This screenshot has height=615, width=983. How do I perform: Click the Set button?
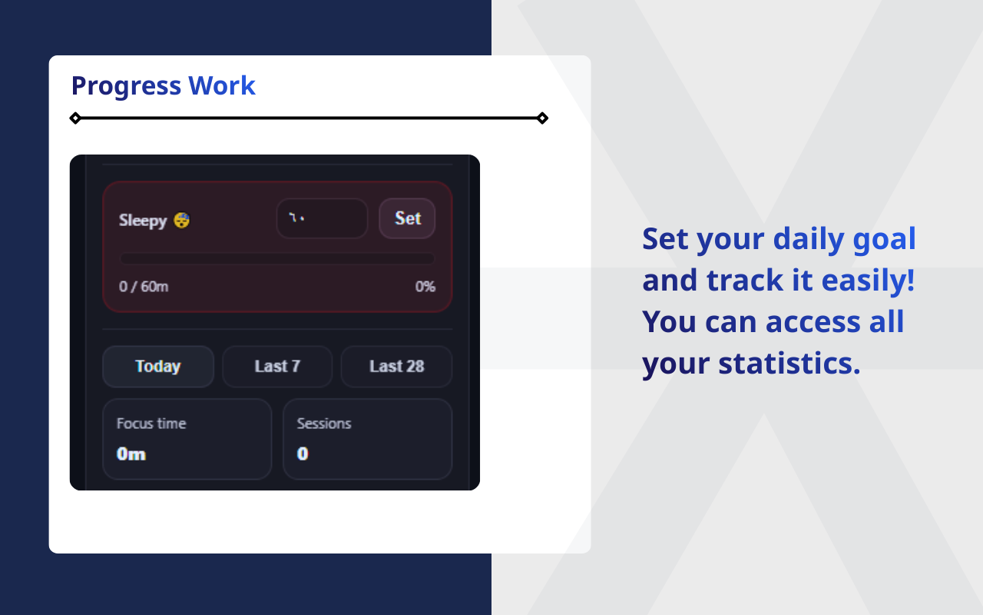click(407, 218)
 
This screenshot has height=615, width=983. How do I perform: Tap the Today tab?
click(158, 367)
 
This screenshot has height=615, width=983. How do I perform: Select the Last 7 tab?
click(277, 367)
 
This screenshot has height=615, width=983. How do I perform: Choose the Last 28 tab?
click(396, 367)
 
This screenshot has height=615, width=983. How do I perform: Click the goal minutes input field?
click(322, 218)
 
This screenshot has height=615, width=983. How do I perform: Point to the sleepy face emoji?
click(182, 221)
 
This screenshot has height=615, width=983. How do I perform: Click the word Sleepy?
click(143, 221)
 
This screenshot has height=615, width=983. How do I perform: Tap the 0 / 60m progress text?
click(144, 287)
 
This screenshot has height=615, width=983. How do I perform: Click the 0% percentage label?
click(425, 287)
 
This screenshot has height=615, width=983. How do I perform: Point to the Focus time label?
click(151, 424)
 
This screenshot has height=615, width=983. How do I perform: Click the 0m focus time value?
click(131, 454)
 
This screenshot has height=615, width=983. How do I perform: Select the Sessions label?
click(324, 424)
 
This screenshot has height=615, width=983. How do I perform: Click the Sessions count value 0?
click(303, 454)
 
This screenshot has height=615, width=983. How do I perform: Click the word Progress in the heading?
click(126, 86)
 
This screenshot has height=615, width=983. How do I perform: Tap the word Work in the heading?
click(222, 86)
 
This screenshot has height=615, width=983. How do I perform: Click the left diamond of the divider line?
click(75, 118)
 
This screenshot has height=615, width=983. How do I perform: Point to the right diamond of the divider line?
click(542, 118)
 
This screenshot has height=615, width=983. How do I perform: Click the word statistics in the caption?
click(789, 363)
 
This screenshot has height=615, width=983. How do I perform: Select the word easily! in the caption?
click(868, 281)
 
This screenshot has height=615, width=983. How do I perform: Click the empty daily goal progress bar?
click(277, 259)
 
